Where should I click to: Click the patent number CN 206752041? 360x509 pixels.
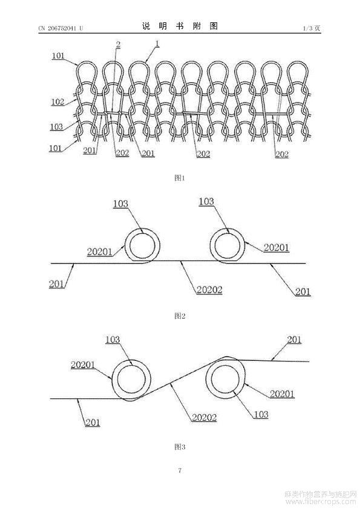(57, 28)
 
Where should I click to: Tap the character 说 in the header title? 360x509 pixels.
(146, 26)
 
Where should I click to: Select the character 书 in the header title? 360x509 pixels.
(180, 26)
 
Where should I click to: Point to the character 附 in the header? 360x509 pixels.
(197, 26)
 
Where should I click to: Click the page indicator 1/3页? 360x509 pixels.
(312, 28)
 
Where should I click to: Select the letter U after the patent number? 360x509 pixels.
(81, 28)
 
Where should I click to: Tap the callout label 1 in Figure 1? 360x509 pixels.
(157, 43)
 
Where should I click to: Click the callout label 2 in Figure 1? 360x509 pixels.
(118, 45)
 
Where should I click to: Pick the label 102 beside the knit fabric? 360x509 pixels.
(57, 102)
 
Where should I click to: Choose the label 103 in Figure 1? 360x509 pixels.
(56, 126)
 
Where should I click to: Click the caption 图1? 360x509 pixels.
(180, 178)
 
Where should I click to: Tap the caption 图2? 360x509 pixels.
(180, 316)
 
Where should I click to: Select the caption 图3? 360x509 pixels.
(180, 447)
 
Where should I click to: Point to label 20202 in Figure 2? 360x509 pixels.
(209, 290)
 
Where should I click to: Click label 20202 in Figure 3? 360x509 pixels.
(204, 417)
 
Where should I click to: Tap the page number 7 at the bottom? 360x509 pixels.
(180, 470)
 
